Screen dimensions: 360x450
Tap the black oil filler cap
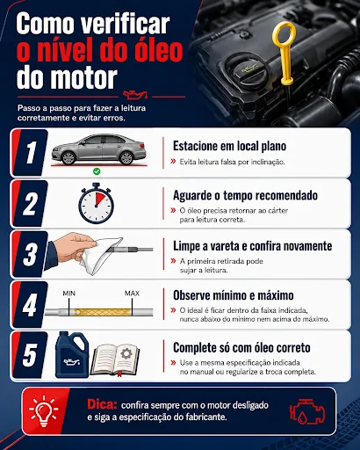tap(247, 69)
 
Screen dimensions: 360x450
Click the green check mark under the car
tap(97, 171)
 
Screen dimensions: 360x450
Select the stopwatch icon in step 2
tap(96, 203)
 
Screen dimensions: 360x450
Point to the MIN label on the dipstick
tap(69, 294)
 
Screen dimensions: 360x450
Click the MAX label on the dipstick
tap(132, 294)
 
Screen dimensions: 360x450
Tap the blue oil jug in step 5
tap(72, 354)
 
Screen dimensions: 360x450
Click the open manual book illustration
tap(115, 359)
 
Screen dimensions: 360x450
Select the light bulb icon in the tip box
tap(44, 411)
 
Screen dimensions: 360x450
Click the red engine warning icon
tap(307, 411)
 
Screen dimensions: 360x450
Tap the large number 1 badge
tap(31, 152)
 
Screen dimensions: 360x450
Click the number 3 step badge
tap(30, 254)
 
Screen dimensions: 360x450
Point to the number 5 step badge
tap(30, 355)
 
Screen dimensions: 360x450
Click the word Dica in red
tap(102, 404)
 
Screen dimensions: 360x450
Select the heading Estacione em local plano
tap(229, 146)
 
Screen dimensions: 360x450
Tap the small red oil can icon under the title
tap(135, 94)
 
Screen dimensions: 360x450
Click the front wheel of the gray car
tap(68, 158)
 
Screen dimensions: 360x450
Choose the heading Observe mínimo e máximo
tap(234, 295)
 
